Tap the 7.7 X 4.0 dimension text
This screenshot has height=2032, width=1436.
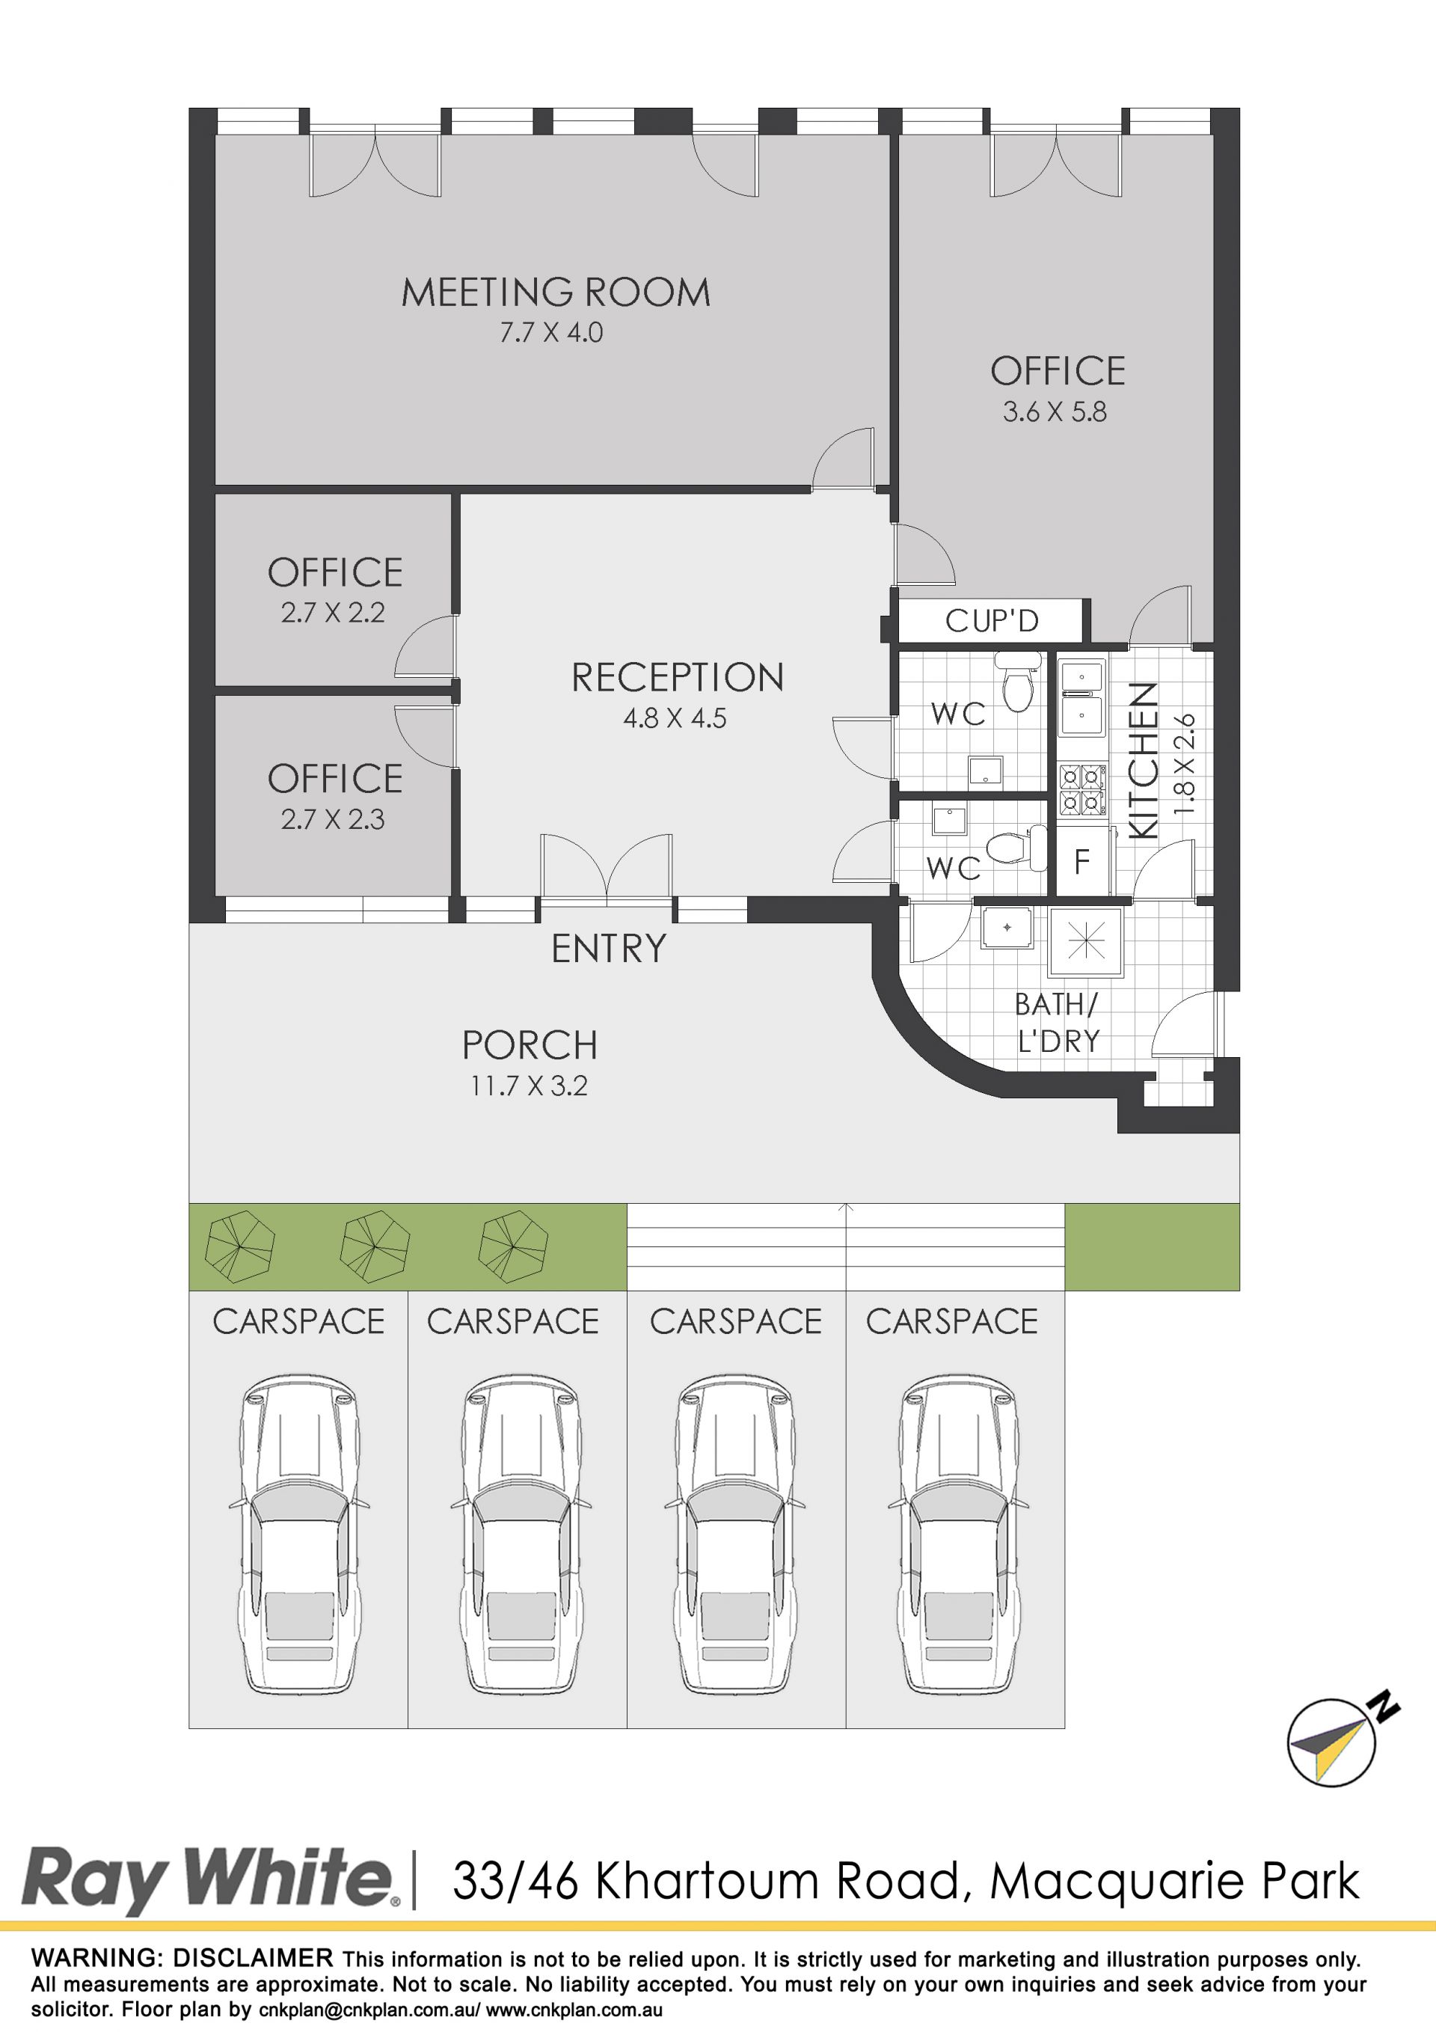(x=551, y=333)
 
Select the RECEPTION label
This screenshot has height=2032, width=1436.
(x=678, y=678)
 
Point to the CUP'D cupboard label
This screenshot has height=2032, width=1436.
(x=992, y=620)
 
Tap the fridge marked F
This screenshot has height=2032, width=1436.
(x=1081, y=861)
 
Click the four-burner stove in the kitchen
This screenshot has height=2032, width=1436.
(x=1083, y=789)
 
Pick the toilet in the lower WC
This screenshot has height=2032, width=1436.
(x=1015, y=848)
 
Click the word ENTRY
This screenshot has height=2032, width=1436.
(x=609, y=949)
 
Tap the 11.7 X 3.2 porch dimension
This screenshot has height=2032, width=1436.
(x=529, y=1086)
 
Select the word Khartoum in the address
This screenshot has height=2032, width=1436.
(x=706, y=1881)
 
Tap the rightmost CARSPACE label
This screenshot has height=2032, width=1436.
(x=952, y=1321)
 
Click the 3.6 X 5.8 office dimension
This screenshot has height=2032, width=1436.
(x=1055, y=412)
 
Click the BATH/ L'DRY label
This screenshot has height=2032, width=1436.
(x=1058, y=1023)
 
